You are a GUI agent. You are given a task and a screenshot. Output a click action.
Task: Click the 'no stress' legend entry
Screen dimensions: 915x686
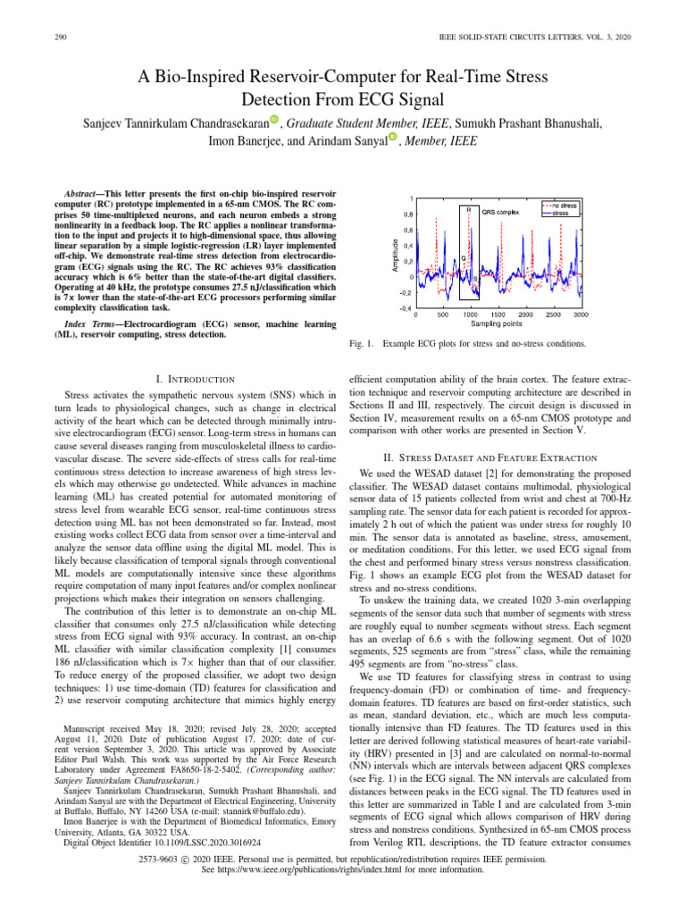coord(564,206)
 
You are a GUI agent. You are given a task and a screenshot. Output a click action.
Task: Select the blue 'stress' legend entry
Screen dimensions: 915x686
coord(560,214)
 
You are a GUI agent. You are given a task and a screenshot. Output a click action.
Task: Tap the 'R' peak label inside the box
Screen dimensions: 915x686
coord(469,209)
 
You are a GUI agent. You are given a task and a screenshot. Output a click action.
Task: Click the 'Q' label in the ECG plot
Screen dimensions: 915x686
coord(464,258)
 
